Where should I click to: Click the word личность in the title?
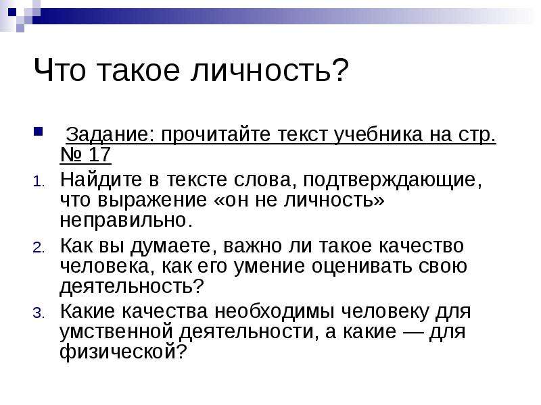tap(261, 70)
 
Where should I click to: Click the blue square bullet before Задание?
tap(39, 132)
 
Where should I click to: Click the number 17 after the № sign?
tap(99, 155)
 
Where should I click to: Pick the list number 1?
tap(39, 182)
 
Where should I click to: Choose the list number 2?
tap(39, 247)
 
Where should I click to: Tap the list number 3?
tap(39, 313)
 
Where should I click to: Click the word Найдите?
tap(101, 180)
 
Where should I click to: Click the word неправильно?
tap(126, 221)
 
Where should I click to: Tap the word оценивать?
tap(362, 267)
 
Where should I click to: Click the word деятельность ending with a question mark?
tap(132, 286)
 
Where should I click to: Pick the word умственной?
tap(116, 332)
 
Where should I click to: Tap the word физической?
tap(123, 352)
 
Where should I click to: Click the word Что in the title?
tap(60, 70)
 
